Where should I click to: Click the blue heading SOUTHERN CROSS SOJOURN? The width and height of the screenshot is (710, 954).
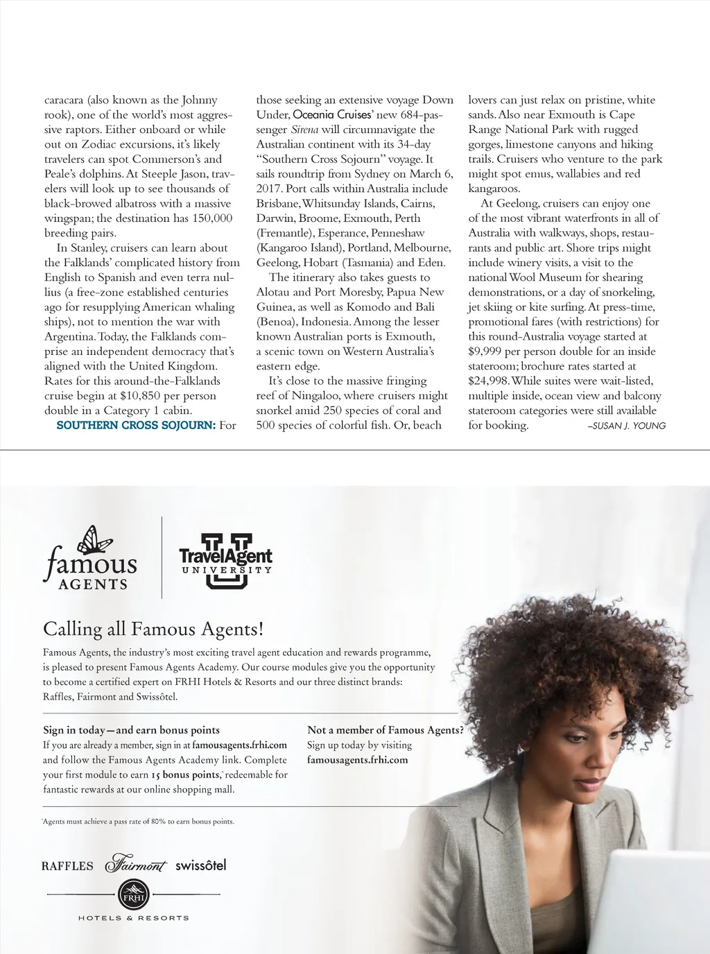136,425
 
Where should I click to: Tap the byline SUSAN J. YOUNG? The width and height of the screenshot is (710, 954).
627,426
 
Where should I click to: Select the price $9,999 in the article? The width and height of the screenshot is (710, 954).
485,352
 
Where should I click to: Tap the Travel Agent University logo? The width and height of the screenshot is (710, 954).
225,561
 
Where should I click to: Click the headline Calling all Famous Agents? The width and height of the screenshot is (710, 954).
153,629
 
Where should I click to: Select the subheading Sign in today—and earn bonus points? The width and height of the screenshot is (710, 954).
131,730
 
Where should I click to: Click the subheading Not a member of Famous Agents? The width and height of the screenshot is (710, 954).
385,730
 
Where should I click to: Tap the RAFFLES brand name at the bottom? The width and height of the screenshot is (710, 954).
67,866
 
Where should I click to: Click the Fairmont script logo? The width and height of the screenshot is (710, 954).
136,865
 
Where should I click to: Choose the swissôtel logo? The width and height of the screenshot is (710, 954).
200,865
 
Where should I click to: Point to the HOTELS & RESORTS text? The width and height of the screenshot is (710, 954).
133,918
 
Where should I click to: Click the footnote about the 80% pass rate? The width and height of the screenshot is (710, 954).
139,822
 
